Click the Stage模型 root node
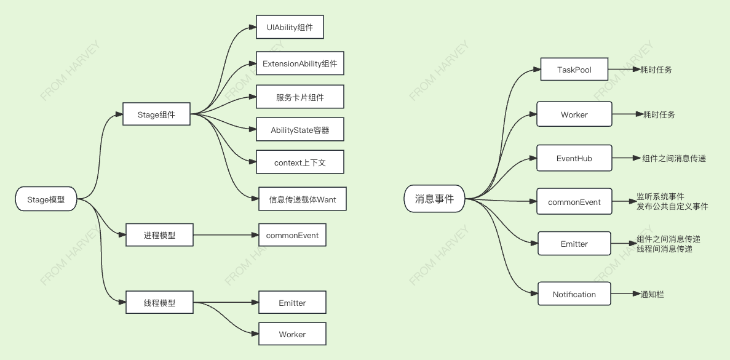click(46, 199)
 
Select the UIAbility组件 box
click(290, 28)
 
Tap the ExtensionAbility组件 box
click(300, 63)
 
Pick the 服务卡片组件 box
click(300, 97)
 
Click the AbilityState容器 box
click(300, 130)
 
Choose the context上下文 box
click(300, 162)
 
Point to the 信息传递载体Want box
click(302, 199)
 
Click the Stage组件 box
click(156, 114)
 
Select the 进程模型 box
click(159, 235)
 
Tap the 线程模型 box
click(159, 303)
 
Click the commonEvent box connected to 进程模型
click(292, 235)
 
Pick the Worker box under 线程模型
click(292, 334)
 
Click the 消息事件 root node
click(434, 199)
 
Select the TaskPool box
click(574, 70)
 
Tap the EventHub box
click(574, 158)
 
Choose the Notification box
click(574, 294)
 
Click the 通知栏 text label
click(652, 294)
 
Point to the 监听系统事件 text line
click(661, 197)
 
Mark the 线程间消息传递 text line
click(664, 249)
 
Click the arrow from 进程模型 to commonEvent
click(225, 235)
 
